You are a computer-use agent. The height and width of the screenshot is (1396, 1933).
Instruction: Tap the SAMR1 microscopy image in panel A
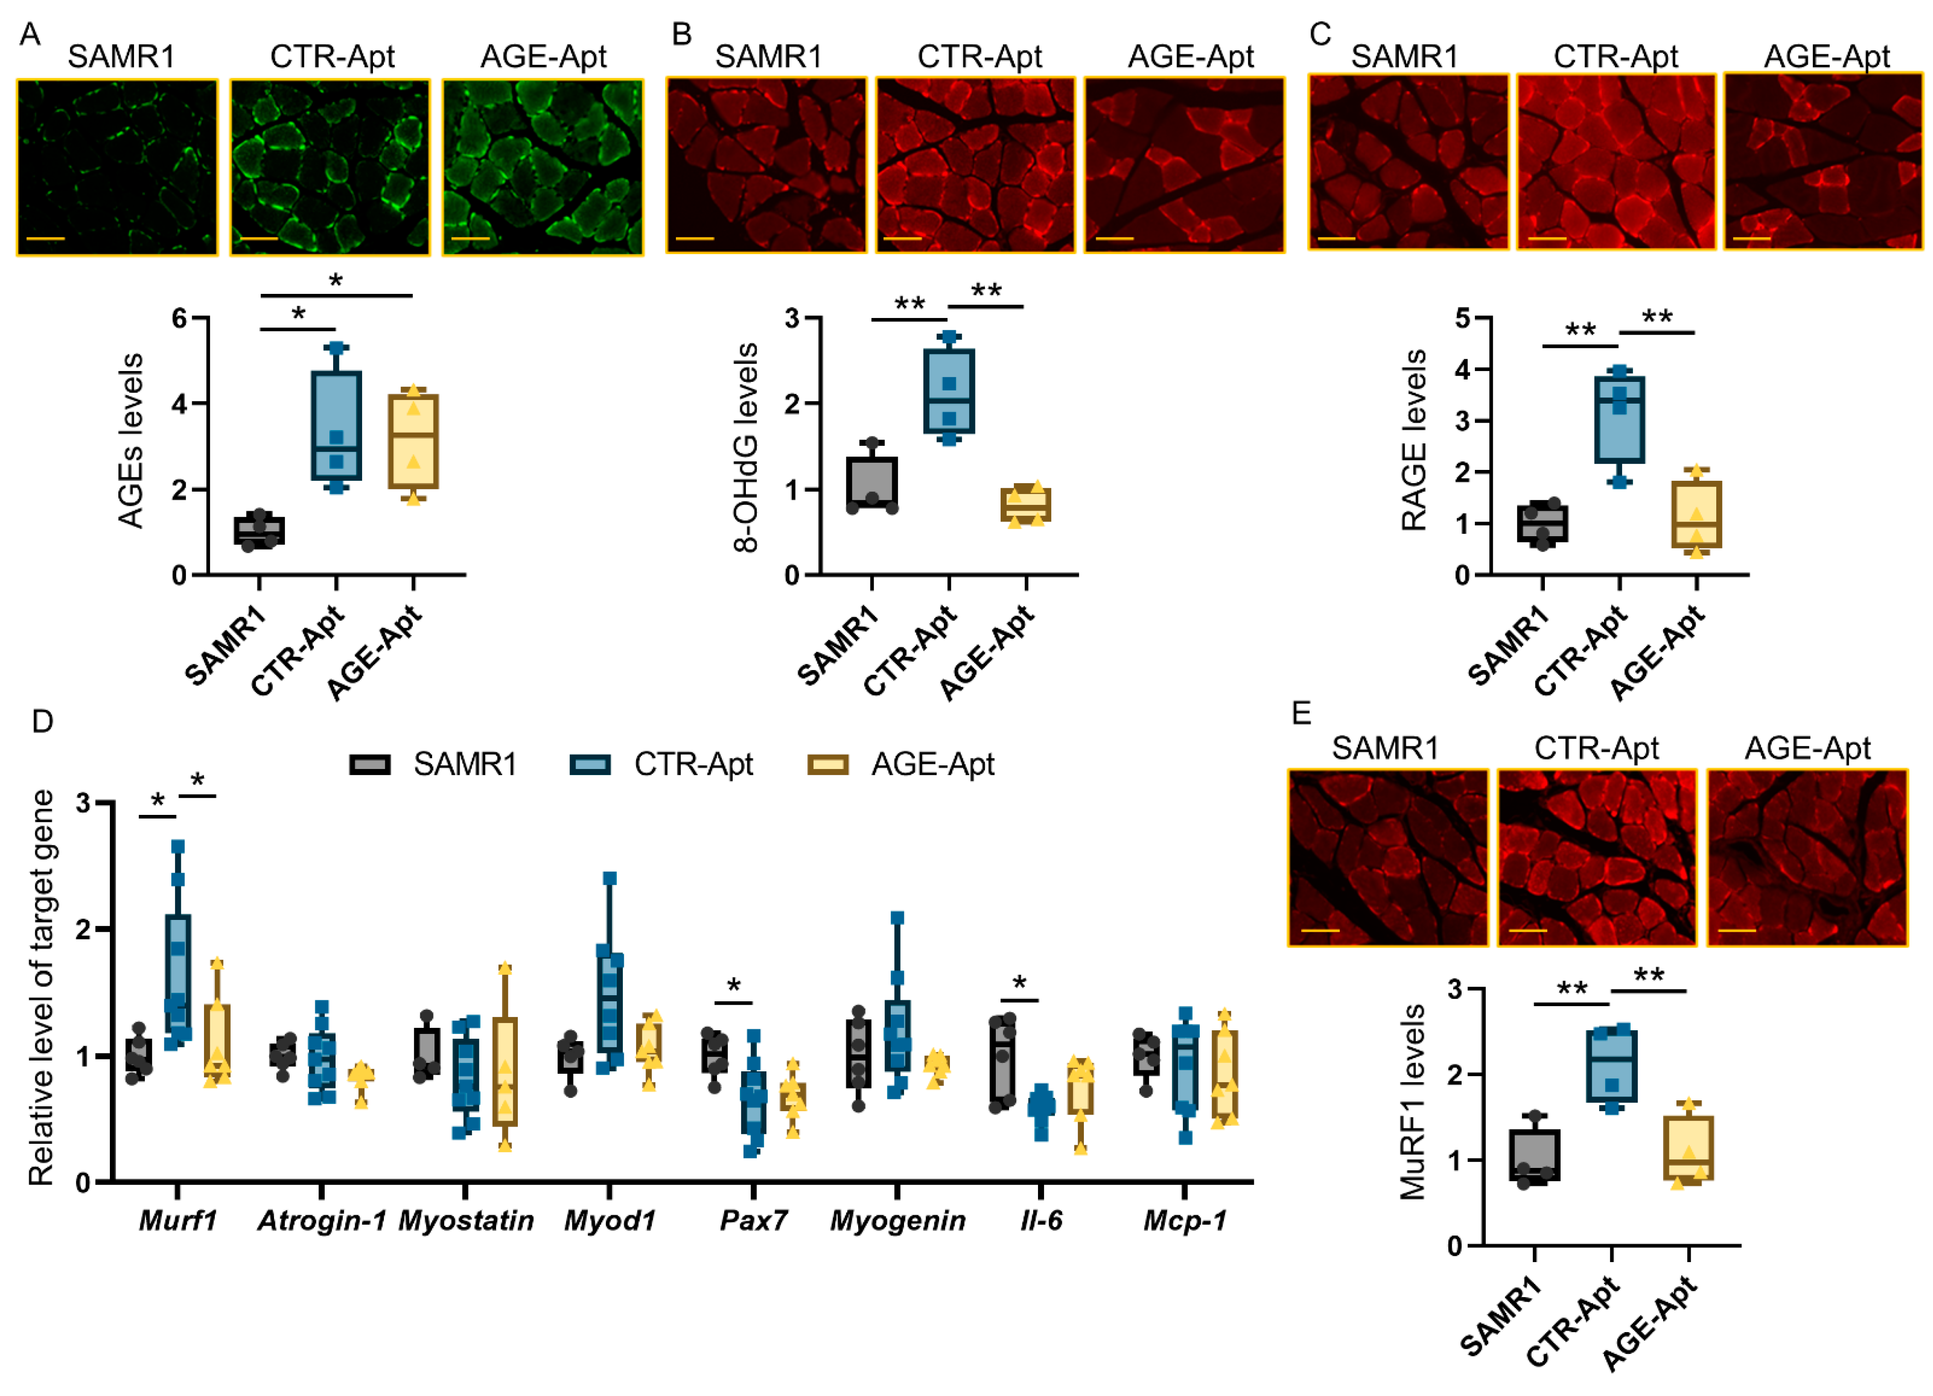(x=117, y=167)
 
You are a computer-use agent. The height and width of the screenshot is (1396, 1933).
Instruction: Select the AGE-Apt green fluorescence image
(x=542, y=167)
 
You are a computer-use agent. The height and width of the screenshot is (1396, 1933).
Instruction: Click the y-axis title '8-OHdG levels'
(x=746, y=448)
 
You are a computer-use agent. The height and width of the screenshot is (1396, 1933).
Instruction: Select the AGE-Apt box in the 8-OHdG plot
(x=1025, y=504)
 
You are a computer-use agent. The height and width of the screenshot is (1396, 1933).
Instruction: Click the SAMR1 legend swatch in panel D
(x=370, y=764)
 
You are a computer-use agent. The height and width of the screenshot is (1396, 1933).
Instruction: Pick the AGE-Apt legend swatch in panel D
(x=827, y=764)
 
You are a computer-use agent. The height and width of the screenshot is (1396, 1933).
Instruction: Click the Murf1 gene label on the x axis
(x=177, y=1220)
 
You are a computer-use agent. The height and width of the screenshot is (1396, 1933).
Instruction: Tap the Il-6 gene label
(x=1041, y=1220)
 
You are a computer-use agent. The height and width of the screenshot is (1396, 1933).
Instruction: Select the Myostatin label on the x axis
(x=465, y=1220)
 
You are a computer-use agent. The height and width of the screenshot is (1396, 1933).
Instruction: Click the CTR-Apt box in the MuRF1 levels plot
(x=1611, y=1065)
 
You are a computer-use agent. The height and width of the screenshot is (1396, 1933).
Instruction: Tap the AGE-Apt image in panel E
(x=1807, y=857)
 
